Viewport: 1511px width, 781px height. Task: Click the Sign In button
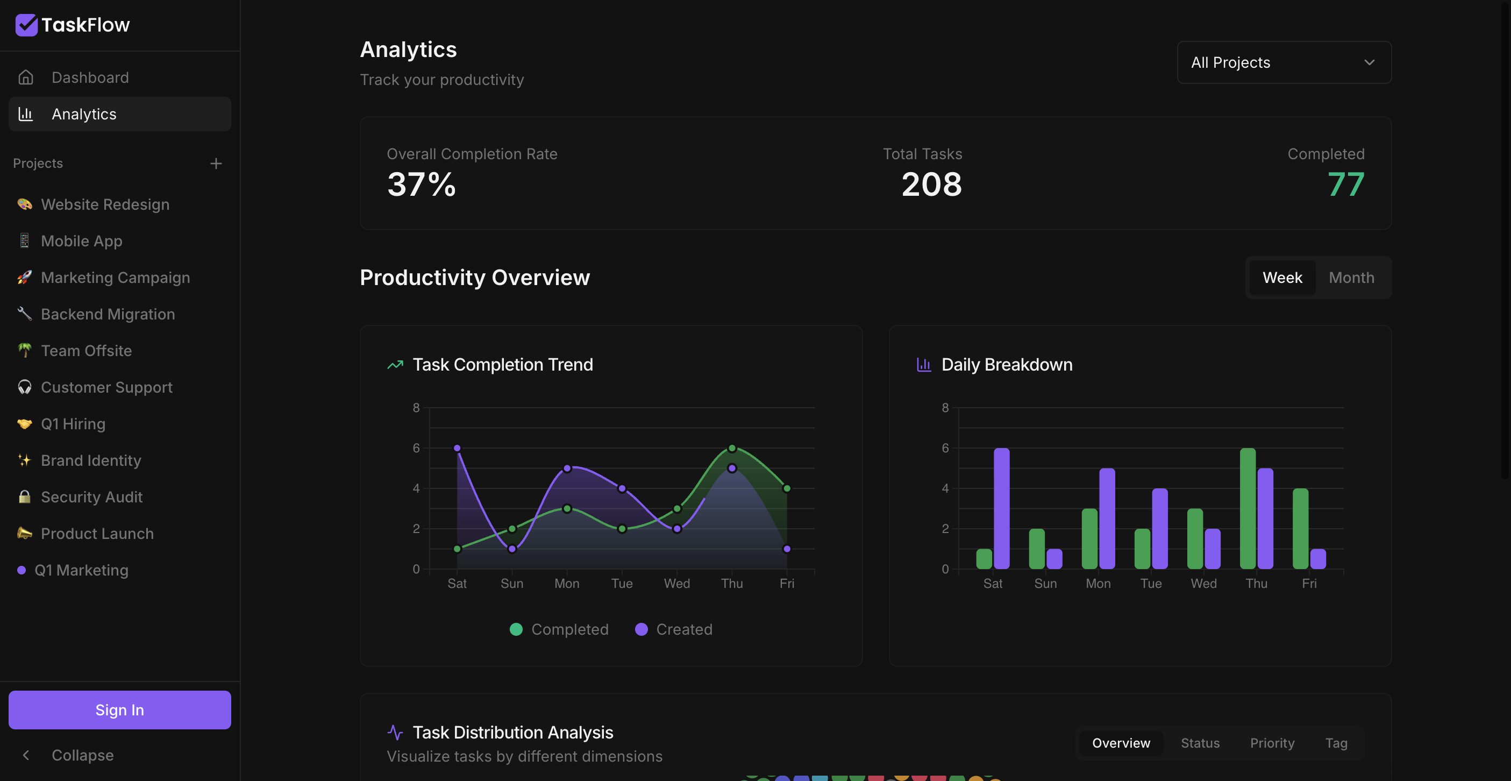coord(120,709)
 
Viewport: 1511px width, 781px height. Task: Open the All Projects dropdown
coord(1284,62)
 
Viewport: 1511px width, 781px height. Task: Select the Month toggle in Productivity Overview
coord(1351,278)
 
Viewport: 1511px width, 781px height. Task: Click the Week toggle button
coord(1282,278)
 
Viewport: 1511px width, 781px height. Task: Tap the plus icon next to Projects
coord(216,163)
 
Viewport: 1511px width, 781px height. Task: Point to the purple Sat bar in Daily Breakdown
coord(1002,508)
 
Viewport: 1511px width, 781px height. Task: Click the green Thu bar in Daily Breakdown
coord(1248,508)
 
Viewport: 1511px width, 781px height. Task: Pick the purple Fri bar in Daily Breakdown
coord(1318,559)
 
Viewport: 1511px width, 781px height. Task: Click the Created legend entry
coord(674,629)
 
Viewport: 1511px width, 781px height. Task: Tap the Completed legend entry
coord(560,629)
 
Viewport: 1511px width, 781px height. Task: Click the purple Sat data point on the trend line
coord(457,448)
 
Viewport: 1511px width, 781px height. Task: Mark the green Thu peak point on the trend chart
coord(732,448)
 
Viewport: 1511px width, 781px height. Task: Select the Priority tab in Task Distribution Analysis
coord(1272,743)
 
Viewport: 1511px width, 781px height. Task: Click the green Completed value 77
coord(1346,184)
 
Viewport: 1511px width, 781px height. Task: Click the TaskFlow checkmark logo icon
coord(26,25)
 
